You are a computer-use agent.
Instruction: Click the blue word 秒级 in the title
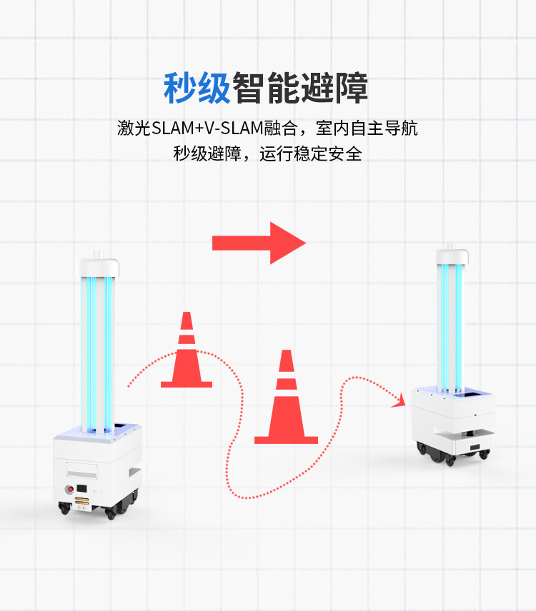(197, 89)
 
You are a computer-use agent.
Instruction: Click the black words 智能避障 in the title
(301, 89)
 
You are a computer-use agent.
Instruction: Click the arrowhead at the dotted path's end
(398, 405)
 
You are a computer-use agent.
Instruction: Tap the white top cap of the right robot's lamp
(452, 255)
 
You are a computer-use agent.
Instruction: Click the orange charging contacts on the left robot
(81, 504)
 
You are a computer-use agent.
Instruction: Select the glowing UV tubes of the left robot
(99, 350)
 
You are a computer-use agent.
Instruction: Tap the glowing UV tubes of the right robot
(451, 325)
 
